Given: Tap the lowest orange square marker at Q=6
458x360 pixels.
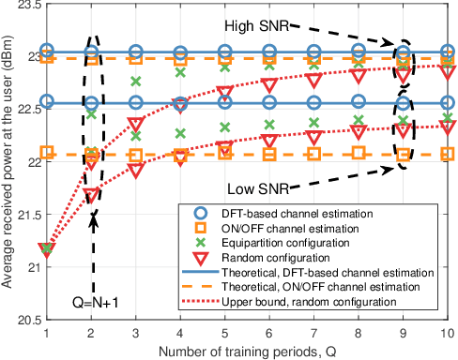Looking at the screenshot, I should tap(269, 154).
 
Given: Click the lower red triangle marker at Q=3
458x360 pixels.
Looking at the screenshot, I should tap(136, 170).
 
